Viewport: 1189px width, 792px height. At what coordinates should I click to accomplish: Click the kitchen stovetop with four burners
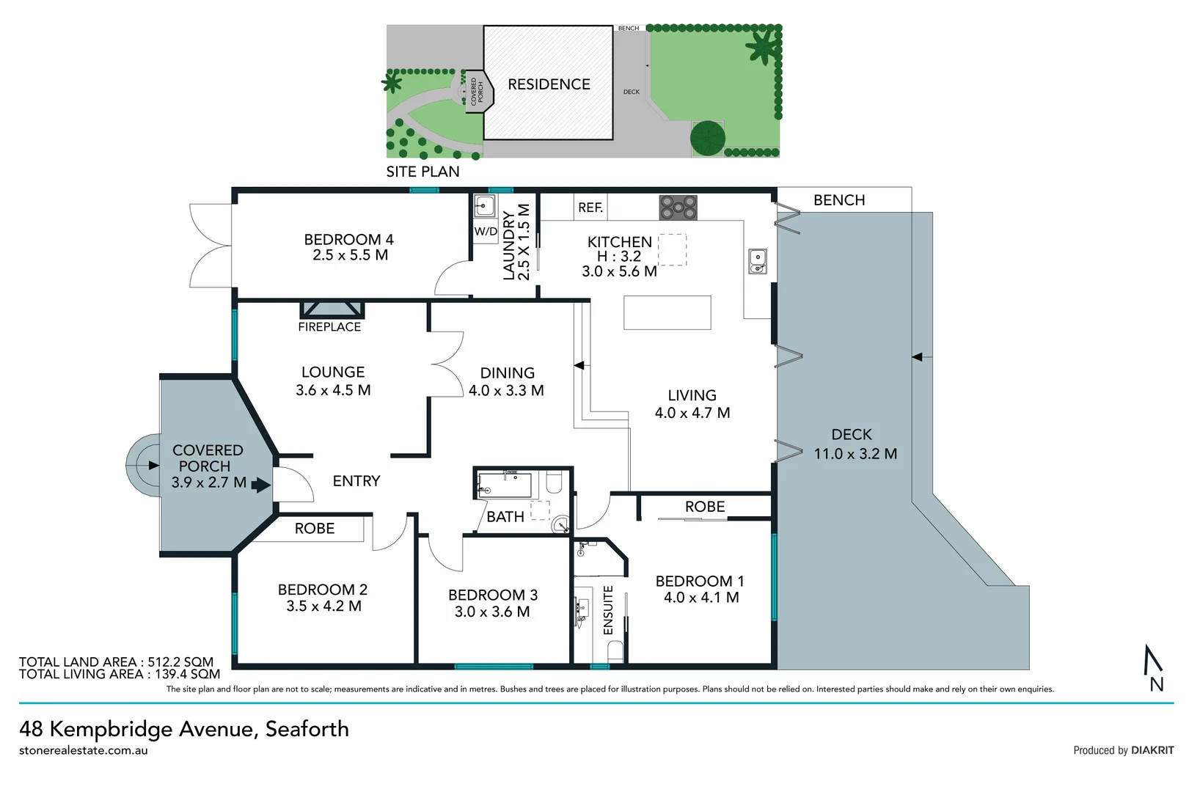[x=678, y=208]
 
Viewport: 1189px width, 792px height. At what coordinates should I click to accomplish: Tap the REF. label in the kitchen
[x=590, y=208]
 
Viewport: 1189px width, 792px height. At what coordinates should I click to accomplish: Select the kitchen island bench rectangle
[x=667, y=312]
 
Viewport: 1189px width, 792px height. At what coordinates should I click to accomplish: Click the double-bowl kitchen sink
[x=757, y=261]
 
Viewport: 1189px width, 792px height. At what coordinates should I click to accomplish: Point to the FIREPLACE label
[x=329, y=327]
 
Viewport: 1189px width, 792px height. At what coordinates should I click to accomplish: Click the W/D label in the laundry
[x=486, y=232]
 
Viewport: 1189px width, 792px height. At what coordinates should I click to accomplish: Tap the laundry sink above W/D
[x=484, y=206]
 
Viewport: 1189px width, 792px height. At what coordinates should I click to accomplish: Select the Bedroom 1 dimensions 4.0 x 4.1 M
[x=701, y=598]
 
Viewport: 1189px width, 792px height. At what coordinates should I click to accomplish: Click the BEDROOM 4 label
[x=348, y=240]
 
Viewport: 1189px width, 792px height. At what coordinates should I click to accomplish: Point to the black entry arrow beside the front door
[x=261, y=485]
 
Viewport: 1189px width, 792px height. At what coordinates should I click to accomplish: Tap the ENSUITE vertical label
[x=608, y=609]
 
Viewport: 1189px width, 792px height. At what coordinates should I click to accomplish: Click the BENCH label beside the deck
[x=839, y=200]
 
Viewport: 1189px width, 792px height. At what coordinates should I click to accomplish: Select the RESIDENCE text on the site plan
[x=549, y=84]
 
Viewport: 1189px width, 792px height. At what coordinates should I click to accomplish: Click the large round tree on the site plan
[x=708, y=137]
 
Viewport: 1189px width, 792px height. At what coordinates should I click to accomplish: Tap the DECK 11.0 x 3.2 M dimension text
[x=855, y=454]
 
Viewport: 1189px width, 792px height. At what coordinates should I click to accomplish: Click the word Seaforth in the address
[x=307, y=729]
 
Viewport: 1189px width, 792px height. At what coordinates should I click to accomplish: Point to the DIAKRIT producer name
[x=1152, y=750]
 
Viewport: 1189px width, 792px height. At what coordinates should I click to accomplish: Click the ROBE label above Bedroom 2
[x=315, y=529]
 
